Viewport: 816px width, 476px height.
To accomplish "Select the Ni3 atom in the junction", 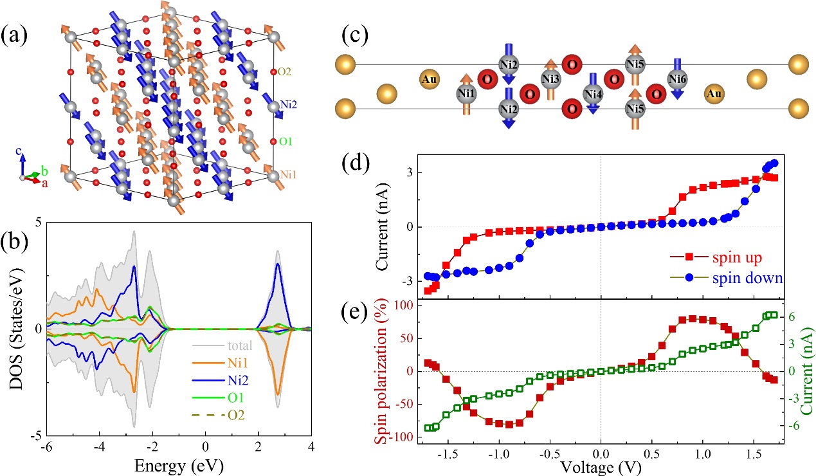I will (x=550, y=80).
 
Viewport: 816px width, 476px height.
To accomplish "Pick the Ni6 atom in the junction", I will (x=677, y=80).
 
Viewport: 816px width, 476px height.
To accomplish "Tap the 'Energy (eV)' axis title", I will (x=205, y=464).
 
